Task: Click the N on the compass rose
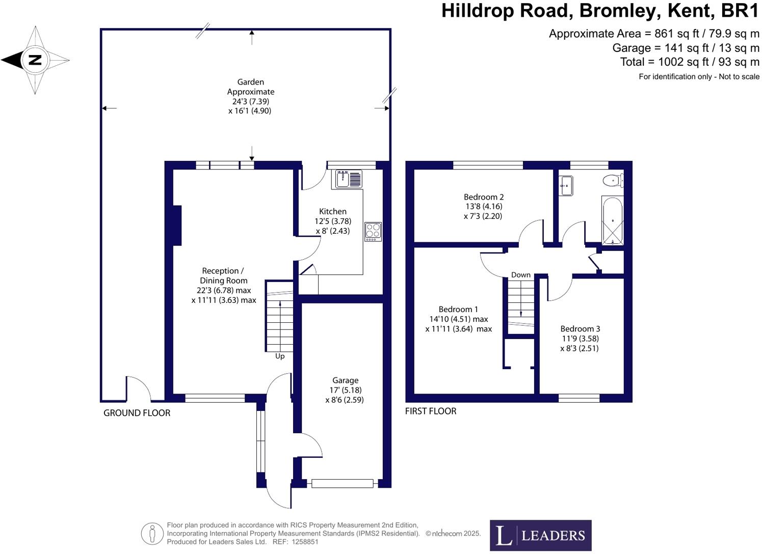click(x=35, y=60)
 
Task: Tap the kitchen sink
click(x=348, y=179)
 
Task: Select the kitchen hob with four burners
click(x=373, y=232)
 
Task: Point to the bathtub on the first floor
click(x=613, y=220)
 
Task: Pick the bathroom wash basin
click(x=566, y=185)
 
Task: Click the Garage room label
click(x=345, y=380)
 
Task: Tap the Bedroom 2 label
click(x=484, y=197)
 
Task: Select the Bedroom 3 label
click(x=580, y=328)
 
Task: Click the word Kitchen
click(x=333, y=211)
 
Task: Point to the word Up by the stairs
click(x=280, y=356)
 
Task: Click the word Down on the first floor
click(x=521, y=274)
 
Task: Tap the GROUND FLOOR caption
click(x=137, y=413)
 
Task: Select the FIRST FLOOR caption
click(x=431, y=411)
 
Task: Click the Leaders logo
click(x=541, y=535)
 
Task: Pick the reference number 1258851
click(x=305, y=542)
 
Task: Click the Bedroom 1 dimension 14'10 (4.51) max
click(x=459, y=319)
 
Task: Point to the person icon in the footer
click(x=152, y=534)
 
